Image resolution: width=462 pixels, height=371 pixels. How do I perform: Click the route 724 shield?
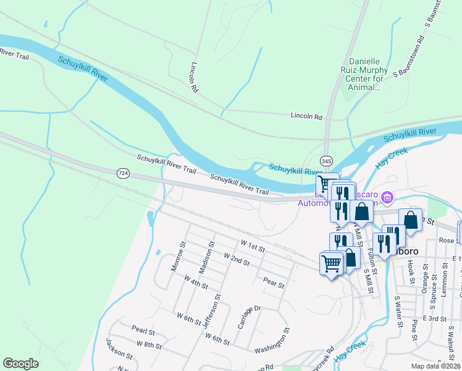click(124, 174)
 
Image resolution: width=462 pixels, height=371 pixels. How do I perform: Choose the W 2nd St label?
click(236, 260)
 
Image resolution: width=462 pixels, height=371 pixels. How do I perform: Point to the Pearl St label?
click(143, 328)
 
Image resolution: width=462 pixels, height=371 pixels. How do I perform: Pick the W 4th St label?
click(196, 284)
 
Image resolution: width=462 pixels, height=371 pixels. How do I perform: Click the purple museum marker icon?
click(387, 198)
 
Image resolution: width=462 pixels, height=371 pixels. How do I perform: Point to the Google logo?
click(20, 364)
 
